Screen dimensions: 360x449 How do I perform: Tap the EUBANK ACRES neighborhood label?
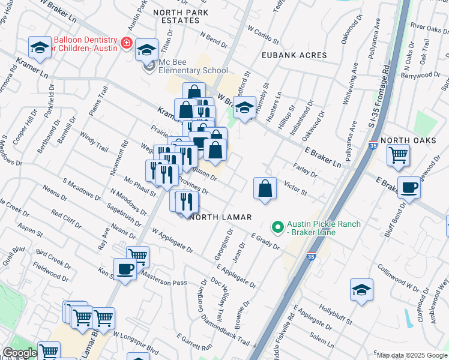tap(294, 55)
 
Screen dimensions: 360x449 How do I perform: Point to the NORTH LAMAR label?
tap(220, 217)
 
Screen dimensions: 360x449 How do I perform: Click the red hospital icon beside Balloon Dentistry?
tap(126, 43)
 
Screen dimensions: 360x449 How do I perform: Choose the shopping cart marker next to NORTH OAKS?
tap(398, 155)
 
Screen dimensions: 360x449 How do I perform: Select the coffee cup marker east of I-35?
tap(409, 187)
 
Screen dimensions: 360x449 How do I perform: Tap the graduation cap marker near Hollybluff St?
tap(361, 290)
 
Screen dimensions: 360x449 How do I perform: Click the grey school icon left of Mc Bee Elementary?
tap(148, 65)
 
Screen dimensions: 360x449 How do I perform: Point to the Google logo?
tap(20, 353)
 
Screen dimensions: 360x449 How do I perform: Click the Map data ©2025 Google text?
tap(411, 355)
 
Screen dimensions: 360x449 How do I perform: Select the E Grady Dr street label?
tap(265, 242)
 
